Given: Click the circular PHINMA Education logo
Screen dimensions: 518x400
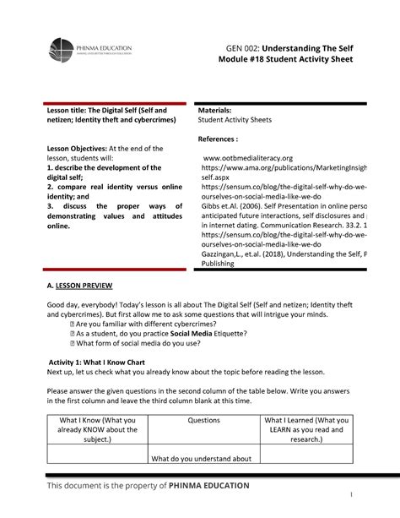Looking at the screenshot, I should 63,50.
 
